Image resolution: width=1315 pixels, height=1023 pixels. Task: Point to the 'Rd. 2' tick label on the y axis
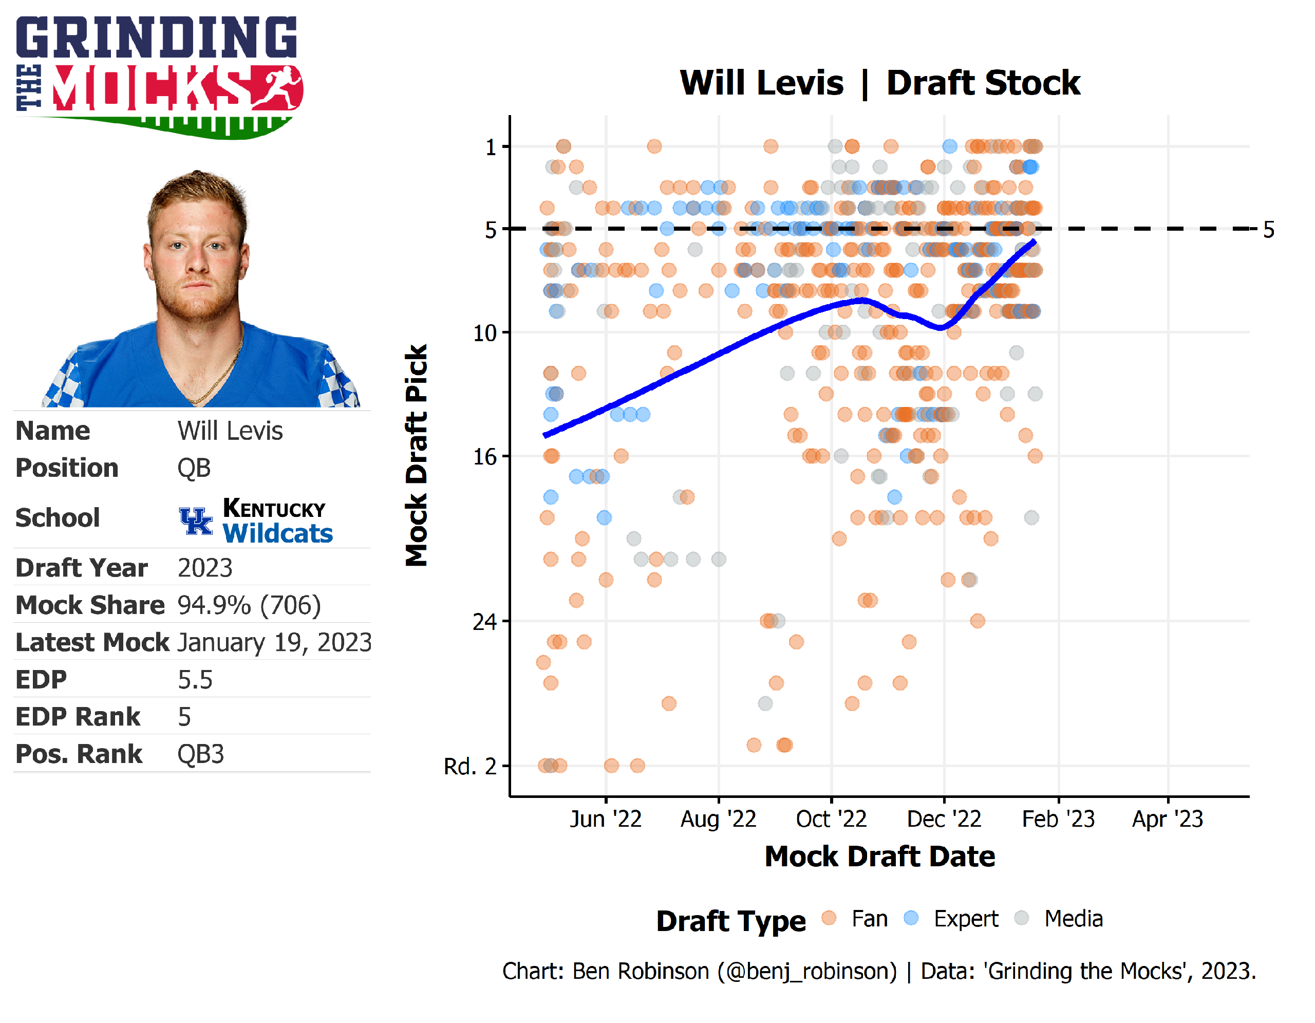[469, 767]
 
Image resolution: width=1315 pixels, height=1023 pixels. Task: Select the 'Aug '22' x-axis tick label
[718, 819]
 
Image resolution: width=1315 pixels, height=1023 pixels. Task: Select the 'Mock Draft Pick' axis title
[416, 455]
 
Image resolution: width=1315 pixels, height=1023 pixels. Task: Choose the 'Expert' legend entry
[965, 919]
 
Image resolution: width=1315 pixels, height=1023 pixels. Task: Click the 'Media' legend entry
[1073, 919]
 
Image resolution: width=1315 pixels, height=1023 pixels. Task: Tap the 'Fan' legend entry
[869, 919]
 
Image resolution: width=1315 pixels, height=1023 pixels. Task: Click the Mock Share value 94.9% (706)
[249, 605]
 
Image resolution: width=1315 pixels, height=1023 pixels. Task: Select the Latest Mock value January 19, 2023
[274, 642]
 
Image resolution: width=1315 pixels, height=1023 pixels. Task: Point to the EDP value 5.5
[195, 680]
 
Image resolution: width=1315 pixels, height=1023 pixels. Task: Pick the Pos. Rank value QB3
[200, 754]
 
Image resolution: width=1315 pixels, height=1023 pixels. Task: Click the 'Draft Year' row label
[81, 568]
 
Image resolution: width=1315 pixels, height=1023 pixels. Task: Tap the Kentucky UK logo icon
[196, 521]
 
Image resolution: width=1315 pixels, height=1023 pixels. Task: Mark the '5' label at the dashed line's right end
[1268, 229]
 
